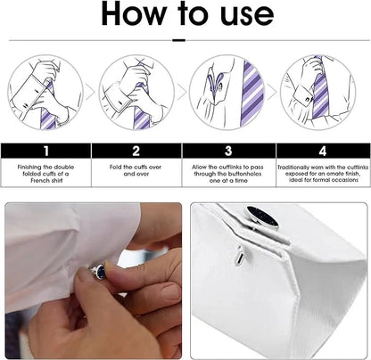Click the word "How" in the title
tap(134, 13)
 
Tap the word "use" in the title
tap(247, 15)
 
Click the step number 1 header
tap(46, 151)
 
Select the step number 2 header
tap(136, 151)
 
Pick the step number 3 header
tap(228, 151)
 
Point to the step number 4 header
tap(323, 151)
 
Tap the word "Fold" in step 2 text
tap(115, 168)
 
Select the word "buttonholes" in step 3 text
tap(244, 174)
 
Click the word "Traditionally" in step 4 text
tap(293, 168)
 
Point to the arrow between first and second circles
tap(90, 92)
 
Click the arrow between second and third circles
tap(182, 92)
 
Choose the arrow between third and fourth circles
tap(272, 92)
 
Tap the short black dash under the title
tap(179, 40)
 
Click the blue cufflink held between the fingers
tap(99, 271)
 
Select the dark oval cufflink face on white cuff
tap(263, 217)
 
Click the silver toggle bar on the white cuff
tap(240, 255)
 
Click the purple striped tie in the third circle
tap(252, 93)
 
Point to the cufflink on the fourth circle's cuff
tap(309, 97)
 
